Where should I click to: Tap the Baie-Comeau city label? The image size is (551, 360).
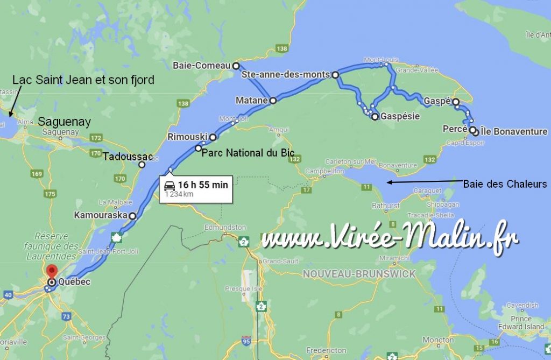[x=202, y=66]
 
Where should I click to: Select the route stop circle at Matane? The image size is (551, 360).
[x=273, y=100]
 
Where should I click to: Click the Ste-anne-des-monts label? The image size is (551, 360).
[x=285, y=75]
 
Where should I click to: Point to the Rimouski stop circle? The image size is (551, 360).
[x=213, y=137]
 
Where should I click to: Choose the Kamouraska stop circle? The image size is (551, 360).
[x=132, y=216]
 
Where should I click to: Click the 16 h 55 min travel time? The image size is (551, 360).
[x=203, y=185]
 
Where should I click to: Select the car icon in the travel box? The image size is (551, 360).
[x=169, y=185]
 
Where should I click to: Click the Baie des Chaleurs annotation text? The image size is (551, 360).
[x=505, y=184]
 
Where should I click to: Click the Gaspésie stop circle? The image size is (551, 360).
[x=375, y=116]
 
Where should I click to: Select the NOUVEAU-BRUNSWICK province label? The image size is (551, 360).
[x=359, y=274]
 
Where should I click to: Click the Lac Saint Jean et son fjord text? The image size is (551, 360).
[x=83, y=80]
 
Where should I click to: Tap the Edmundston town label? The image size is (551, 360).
[x=225, y=228]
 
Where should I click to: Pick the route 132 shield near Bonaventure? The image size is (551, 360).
[x=429, y=159]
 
